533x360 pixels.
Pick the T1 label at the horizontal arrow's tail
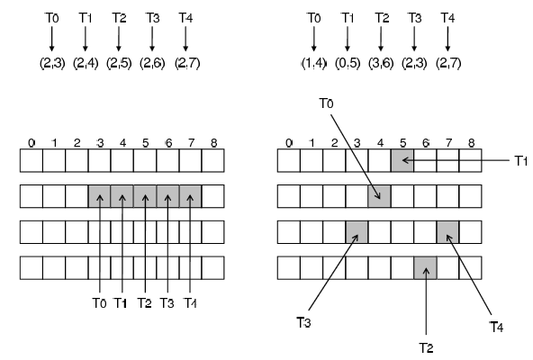520,161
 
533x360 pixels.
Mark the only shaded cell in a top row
402,160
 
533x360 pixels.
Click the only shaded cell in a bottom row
425,268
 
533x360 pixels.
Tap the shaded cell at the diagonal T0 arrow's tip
379,196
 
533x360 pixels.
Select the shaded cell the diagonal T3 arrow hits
357,232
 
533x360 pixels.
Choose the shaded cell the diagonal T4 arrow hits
447,232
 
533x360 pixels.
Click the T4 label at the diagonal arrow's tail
496,327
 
